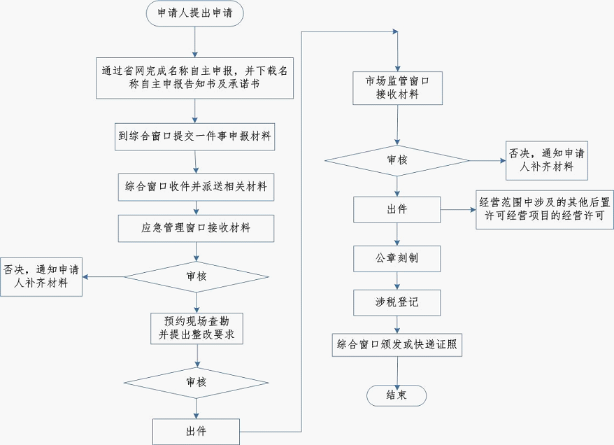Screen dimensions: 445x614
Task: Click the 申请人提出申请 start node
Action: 194,14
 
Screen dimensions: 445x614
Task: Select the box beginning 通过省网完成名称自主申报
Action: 195,76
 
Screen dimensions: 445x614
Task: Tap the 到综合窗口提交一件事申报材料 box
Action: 195,136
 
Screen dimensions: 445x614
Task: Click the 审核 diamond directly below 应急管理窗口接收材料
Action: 197,276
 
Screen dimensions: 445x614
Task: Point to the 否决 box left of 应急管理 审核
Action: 41,276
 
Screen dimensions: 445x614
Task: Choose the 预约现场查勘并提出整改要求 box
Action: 197,329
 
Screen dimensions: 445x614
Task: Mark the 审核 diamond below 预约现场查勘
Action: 197,382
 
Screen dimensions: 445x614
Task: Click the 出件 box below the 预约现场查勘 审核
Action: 197,430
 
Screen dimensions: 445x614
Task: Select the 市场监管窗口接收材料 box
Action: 397,87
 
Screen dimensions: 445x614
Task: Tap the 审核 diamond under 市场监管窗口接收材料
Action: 397,160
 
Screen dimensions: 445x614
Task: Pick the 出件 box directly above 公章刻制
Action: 397,209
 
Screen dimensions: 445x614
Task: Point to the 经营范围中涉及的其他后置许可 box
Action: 545,209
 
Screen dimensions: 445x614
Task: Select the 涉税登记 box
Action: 397,302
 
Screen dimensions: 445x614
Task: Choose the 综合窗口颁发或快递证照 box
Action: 397,345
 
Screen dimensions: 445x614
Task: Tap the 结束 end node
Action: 397,395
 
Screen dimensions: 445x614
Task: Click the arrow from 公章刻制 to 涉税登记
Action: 397,281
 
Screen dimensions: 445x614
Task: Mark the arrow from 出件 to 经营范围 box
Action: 459,209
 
